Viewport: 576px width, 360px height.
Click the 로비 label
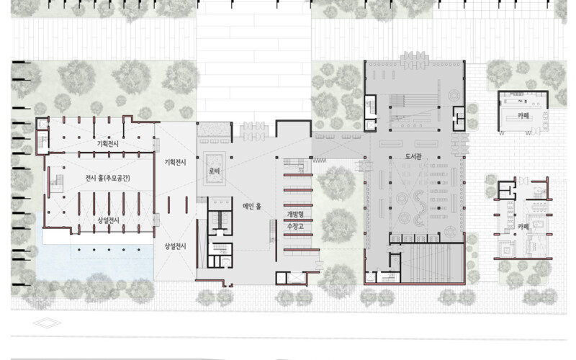pos(214,171)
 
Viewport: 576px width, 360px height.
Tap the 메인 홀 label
pos(252,207)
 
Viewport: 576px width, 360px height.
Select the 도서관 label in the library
pos(413,156)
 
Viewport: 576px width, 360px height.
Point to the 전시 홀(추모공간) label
pos(107,178)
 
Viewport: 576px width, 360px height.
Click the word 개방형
pos(295,214)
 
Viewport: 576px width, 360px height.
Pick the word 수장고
pos(295,226)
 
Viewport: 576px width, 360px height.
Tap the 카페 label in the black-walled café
pos(523,116)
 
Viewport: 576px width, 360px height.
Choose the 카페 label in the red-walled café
pos(523,227)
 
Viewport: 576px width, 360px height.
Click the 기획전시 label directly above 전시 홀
pos(107,143)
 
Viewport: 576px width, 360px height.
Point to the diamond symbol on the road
pos(47,323)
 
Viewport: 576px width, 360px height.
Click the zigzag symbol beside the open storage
pos(319,161)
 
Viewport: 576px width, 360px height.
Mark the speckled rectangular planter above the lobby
pos(214,130)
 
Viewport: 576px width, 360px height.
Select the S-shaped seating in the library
pos(420,208)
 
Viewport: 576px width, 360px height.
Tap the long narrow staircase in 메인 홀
pos(272,230)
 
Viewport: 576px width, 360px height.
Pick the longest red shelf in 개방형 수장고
pos(302,250)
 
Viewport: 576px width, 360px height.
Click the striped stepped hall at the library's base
pos(431,263)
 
